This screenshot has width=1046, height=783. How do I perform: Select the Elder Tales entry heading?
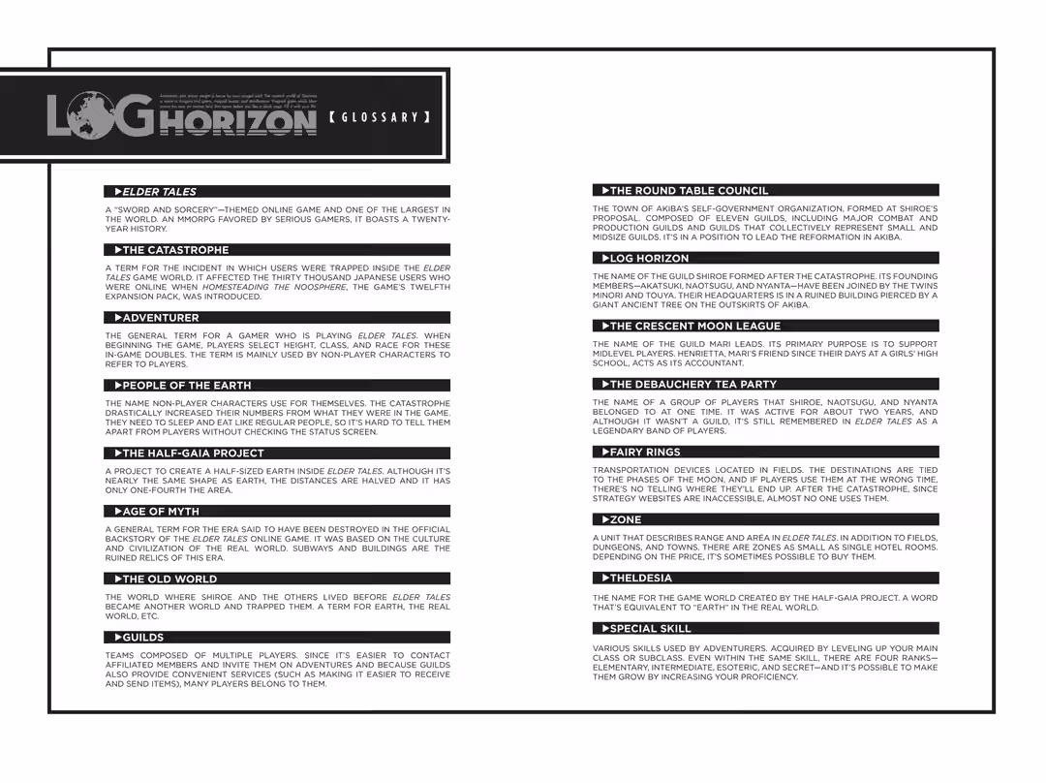coord(159,192)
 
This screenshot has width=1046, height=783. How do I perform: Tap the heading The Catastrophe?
coord(175,250)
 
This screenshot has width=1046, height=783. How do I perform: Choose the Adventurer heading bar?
coord(160,318)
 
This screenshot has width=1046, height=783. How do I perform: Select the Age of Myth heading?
coord(161,512)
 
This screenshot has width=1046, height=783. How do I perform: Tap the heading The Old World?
coord(169,579)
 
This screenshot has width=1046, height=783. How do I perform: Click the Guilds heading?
coord(142,638)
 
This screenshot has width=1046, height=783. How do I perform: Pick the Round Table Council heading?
coord(689,191)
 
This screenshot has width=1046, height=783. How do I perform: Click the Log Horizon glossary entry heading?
coord(649,259)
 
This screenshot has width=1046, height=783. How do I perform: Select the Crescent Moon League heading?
coord(694,327)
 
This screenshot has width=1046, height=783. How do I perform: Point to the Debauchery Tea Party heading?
coord(692,385)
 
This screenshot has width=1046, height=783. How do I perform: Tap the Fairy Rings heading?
coord(645,453)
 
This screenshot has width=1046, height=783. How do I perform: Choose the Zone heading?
coord(626,520)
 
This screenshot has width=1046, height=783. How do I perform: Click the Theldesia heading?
coord(640,579)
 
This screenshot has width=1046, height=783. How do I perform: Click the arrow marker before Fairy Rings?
coord(605,453)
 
